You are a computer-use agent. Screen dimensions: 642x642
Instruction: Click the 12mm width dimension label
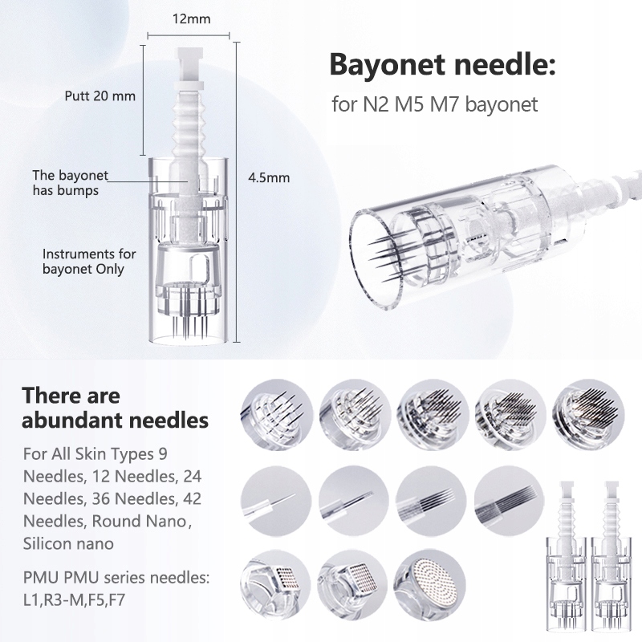click(191, 18)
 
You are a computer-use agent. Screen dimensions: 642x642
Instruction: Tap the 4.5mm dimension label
click(269, 177)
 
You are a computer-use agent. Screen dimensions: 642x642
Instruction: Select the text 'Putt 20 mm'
click(100, 95)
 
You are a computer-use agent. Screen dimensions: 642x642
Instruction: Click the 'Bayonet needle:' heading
click(443, 64)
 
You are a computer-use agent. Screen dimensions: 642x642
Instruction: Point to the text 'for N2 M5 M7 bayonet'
click(434, 104)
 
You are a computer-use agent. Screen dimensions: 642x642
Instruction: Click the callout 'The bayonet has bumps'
click(70, 183)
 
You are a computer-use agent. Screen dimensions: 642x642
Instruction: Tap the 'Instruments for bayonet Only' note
click(89, 262)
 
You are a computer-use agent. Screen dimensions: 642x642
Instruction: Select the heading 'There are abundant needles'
click(115, 408)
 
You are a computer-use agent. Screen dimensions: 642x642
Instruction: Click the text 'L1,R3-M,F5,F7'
click(74, 600)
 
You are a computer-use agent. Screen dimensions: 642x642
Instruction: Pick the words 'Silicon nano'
click(68, 544)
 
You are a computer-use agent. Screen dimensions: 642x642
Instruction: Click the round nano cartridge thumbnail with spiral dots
click(430, 584)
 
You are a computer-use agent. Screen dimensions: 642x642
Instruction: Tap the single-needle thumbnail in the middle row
click(275, 500)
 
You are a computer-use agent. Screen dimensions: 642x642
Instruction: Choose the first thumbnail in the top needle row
click(276, 414)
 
